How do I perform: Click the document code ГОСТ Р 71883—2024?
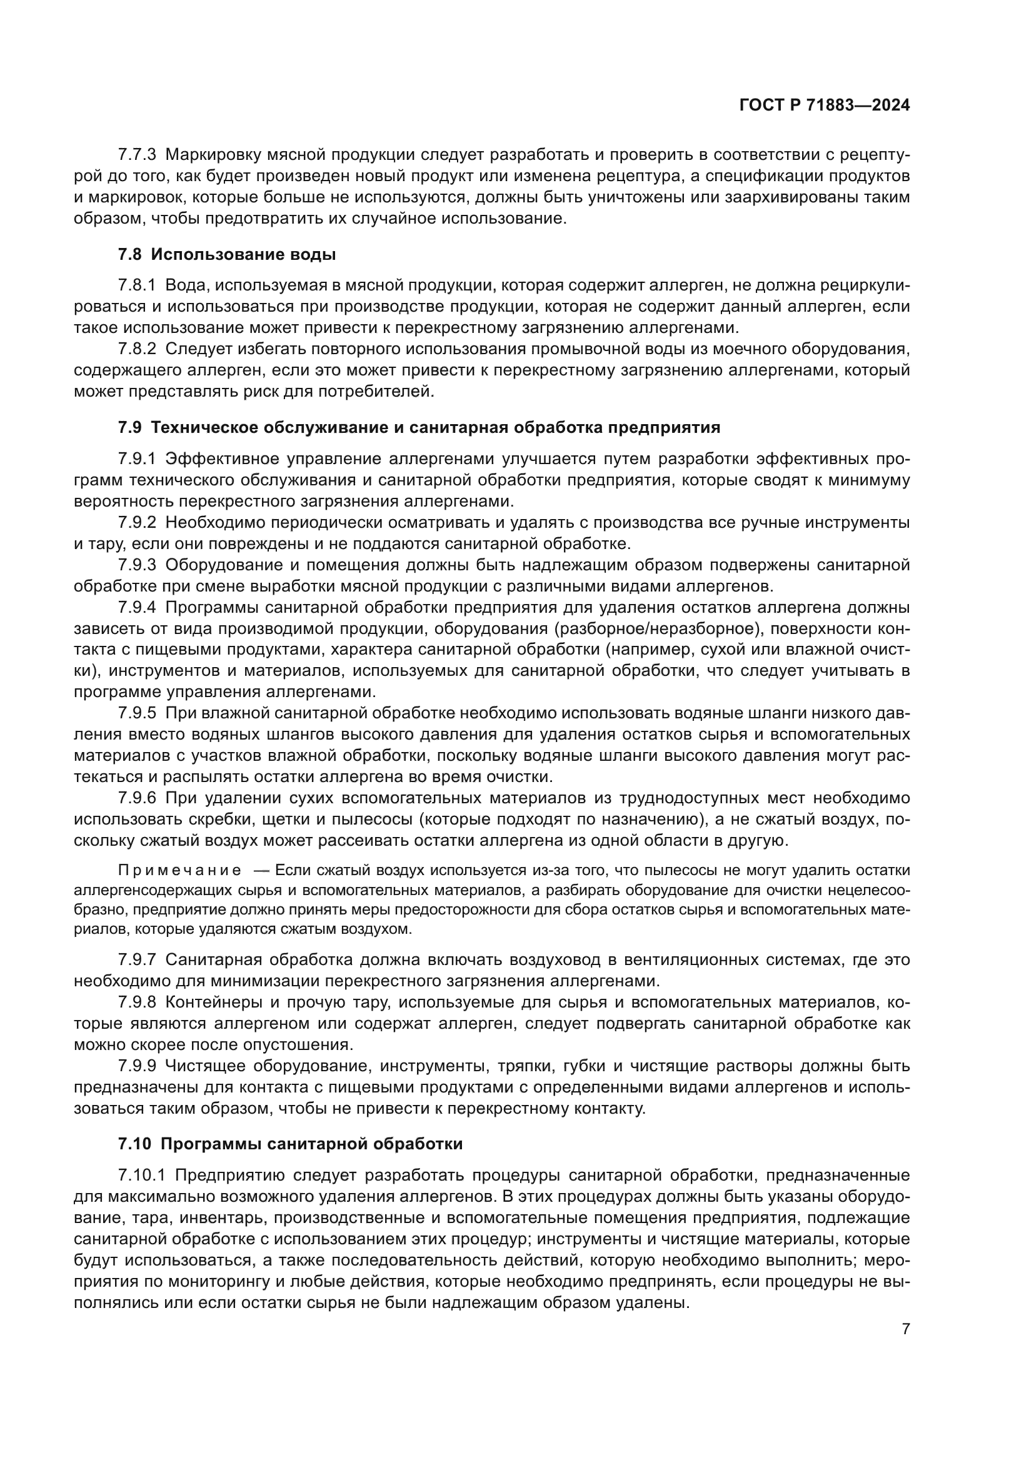[x=824, y=106]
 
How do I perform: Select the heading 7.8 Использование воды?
[x=227, y=255]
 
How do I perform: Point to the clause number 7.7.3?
[x=137, y=155]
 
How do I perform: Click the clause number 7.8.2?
[x=137, y=349]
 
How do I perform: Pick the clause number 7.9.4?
[x=137, y=608]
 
